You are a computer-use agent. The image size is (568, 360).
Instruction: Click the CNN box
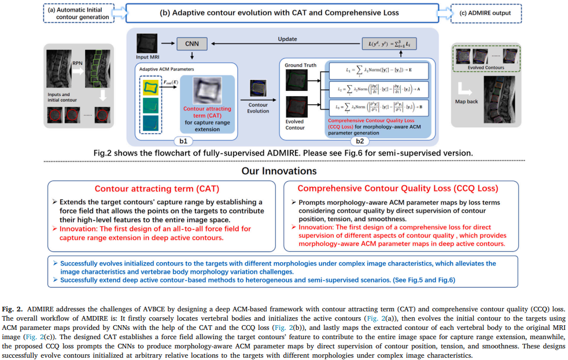tap(191, 44)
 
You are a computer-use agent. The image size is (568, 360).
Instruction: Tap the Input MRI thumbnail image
tap(146, 43)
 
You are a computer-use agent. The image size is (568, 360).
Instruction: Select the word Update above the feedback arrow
tap(287, 39)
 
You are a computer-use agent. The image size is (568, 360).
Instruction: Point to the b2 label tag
tap(359, 140)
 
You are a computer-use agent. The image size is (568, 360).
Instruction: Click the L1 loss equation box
tap(378, 71)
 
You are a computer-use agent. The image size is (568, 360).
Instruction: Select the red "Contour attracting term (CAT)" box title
tap(157, 189)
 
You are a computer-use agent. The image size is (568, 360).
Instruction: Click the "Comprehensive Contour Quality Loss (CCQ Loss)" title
tap(398, 189)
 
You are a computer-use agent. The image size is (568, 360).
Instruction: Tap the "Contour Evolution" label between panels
tap(258, 108)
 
